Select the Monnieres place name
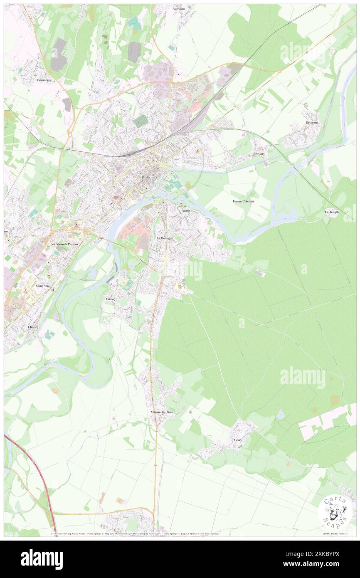coord(46,80)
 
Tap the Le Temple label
coord(332,212)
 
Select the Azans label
coord(186,211)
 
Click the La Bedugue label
coord(165,238)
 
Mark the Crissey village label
coord(111,299)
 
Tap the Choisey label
coord(33,327)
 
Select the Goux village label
coord(237,439)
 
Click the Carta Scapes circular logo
coord(335,512)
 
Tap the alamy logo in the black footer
coord(42,559)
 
